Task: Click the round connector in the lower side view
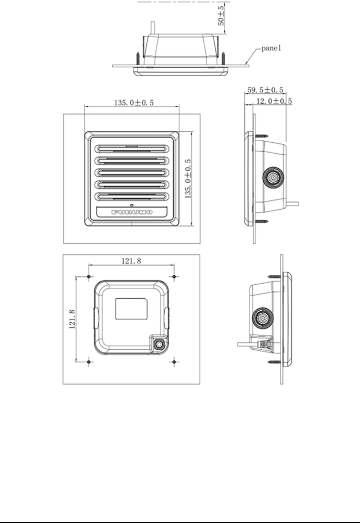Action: (x=262, y=316)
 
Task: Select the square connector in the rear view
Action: (x=158, y=344)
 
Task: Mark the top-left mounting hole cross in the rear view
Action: (x=90, y=275)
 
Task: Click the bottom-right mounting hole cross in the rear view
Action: (x=173, y=360)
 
